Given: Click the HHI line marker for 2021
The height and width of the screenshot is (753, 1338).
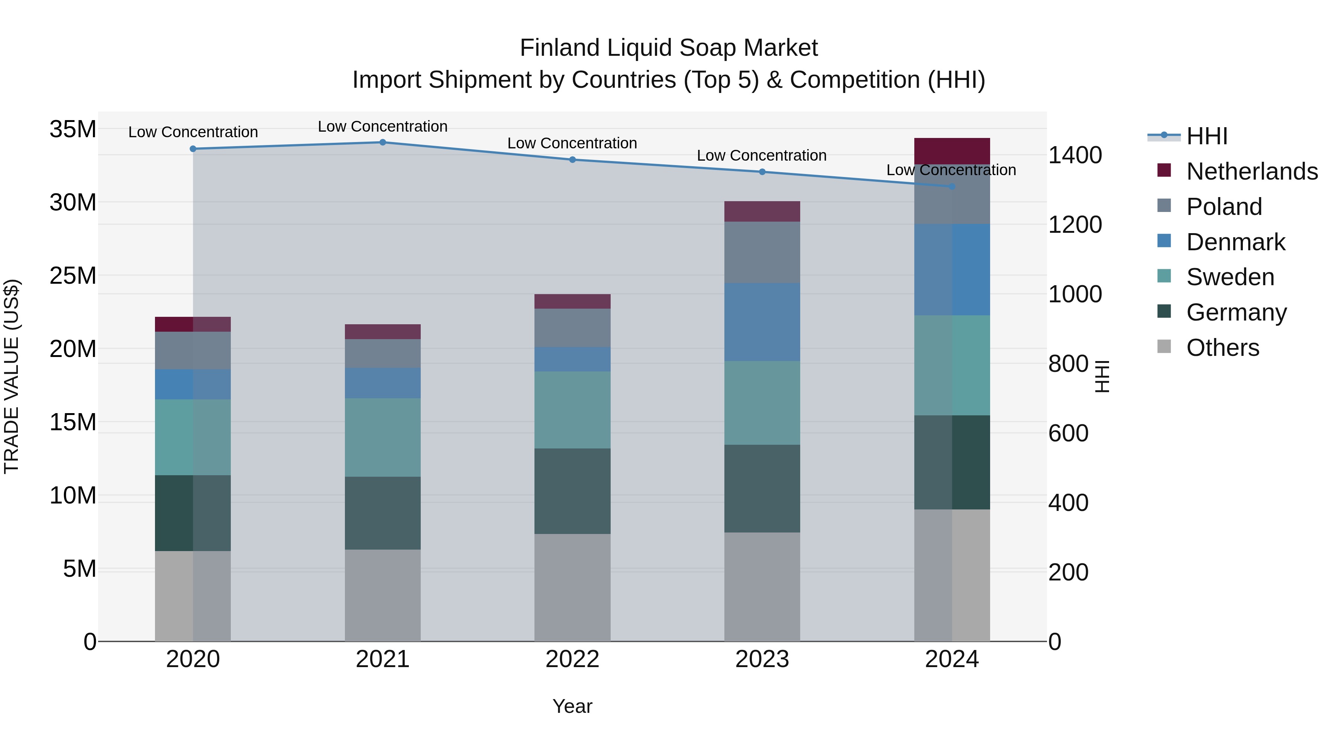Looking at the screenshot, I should coord(383,142).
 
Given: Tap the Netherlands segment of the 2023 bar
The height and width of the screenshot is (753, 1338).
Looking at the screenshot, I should coord(762,212).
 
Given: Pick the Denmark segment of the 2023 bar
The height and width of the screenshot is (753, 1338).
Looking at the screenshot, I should coord(762,322).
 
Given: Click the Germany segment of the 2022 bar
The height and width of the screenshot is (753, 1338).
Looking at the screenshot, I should coord(572,491).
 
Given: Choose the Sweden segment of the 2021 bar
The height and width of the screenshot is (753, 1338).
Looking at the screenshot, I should coord(383,438).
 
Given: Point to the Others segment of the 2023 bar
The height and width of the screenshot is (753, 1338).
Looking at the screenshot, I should coord(762,587).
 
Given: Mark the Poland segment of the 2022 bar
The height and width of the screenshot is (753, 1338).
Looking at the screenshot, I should coord(572,328).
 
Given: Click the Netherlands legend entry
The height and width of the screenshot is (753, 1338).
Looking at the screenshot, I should coord(1252,171).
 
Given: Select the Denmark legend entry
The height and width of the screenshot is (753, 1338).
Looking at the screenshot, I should coord(1235,242).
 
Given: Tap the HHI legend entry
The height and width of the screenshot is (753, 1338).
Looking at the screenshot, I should coord(1206,136).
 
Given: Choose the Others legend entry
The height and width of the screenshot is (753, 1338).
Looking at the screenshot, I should coord(1222,348).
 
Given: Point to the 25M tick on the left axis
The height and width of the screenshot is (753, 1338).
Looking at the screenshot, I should coord(73,276).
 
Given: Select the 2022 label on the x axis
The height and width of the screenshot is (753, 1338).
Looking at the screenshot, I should coord(572,659).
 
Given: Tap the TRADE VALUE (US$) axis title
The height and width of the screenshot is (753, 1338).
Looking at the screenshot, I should coord(12,376).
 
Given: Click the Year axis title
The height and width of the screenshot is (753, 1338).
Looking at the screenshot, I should coord(572,706).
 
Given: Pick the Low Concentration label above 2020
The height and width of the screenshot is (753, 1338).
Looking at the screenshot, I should coord(193,132).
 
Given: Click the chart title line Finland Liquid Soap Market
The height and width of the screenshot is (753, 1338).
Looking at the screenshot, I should coord(669,48).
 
